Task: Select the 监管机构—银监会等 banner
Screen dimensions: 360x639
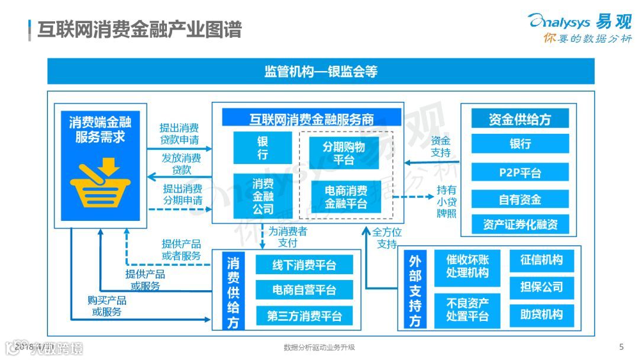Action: point(321,72)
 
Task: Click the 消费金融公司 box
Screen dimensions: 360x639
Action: point(263,196)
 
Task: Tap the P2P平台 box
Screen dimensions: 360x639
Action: point(520,173)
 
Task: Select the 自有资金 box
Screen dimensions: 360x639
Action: point(520,200)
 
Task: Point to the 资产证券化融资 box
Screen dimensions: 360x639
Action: point(520,224)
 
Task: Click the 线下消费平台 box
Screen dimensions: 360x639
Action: point(304,266)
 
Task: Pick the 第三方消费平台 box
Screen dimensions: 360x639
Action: point(304,316)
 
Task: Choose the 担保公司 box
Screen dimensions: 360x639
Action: point(541,288)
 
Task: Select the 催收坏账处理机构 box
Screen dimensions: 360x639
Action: point(467,266)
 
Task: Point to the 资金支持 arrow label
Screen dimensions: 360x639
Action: point(440,147)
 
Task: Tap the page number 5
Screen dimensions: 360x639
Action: point(621,346)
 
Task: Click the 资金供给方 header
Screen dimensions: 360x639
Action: point(520,119)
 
